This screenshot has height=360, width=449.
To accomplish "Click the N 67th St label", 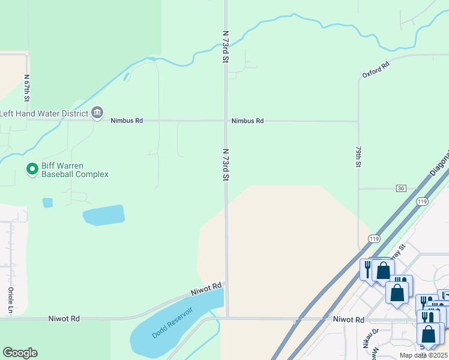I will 27,88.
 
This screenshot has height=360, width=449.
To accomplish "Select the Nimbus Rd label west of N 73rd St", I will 127,121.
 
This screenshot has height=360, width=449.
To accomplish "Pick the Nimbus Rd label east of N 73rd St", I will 247,121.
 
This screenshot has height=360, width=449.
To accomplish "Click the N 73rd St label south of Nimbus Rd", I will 226,165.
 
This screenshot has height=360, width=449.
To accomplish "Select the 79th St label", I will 358,156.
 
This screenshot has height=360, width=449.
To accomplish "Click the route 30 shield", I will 401,188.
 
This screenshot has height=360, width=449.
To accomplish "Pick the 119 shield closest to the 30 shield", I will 423,202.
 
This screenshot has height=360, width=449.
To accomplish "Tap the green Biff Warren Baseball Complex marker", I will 32,170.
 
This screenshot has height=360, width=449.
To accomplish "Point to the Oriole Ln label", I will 10,300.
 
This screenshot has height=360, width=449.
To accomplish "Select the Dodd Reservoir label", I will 172,323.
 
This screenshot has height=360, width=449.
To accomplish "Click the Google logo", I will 20,353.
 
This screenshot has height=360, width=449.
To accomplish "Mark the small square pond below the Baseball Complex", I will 47,203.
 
